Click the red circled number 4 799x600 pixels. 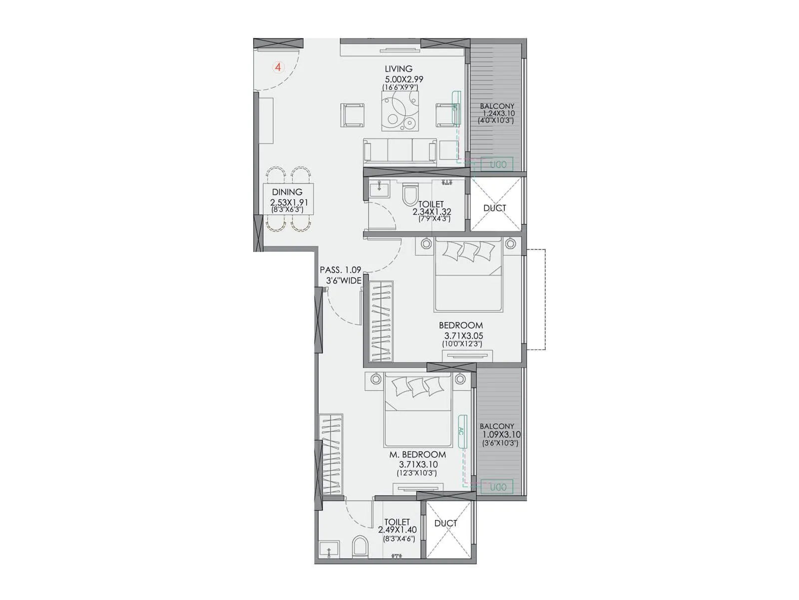(x=278, y=66)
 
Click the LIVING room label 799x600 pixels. (x=399, y=69)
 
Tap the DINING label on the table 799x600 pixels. (x=287, y=192)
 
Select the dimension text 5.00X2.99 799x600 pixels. (x=403, y=79)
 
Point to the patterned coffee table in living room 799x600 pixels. (x=400, y=112)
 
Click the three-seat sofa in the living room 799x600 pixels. (x=400, y=151)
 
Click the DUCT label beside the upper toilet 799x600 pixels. (x=494, y=208)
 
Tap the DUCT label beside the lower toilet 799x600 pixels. (x=445, y=523)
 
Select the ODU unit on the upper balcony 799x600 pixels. (x=497, y=164)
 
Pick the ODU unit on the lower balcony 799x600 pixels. (x=497, y=487)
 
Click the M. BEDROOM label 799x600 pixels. (x=417, y=454)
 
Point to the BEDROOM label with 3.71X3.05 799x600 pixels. (x=460, y=325)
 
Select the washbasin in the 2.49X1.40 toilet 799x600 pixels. (x=329, y=549)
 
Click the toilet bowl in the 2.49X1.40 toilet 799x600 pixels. (x=359, y=546)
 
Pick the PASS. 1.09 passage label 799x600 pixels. (x=340, y=270)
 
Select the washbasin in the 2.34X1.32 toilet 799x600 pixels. (x=380, y=189)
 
